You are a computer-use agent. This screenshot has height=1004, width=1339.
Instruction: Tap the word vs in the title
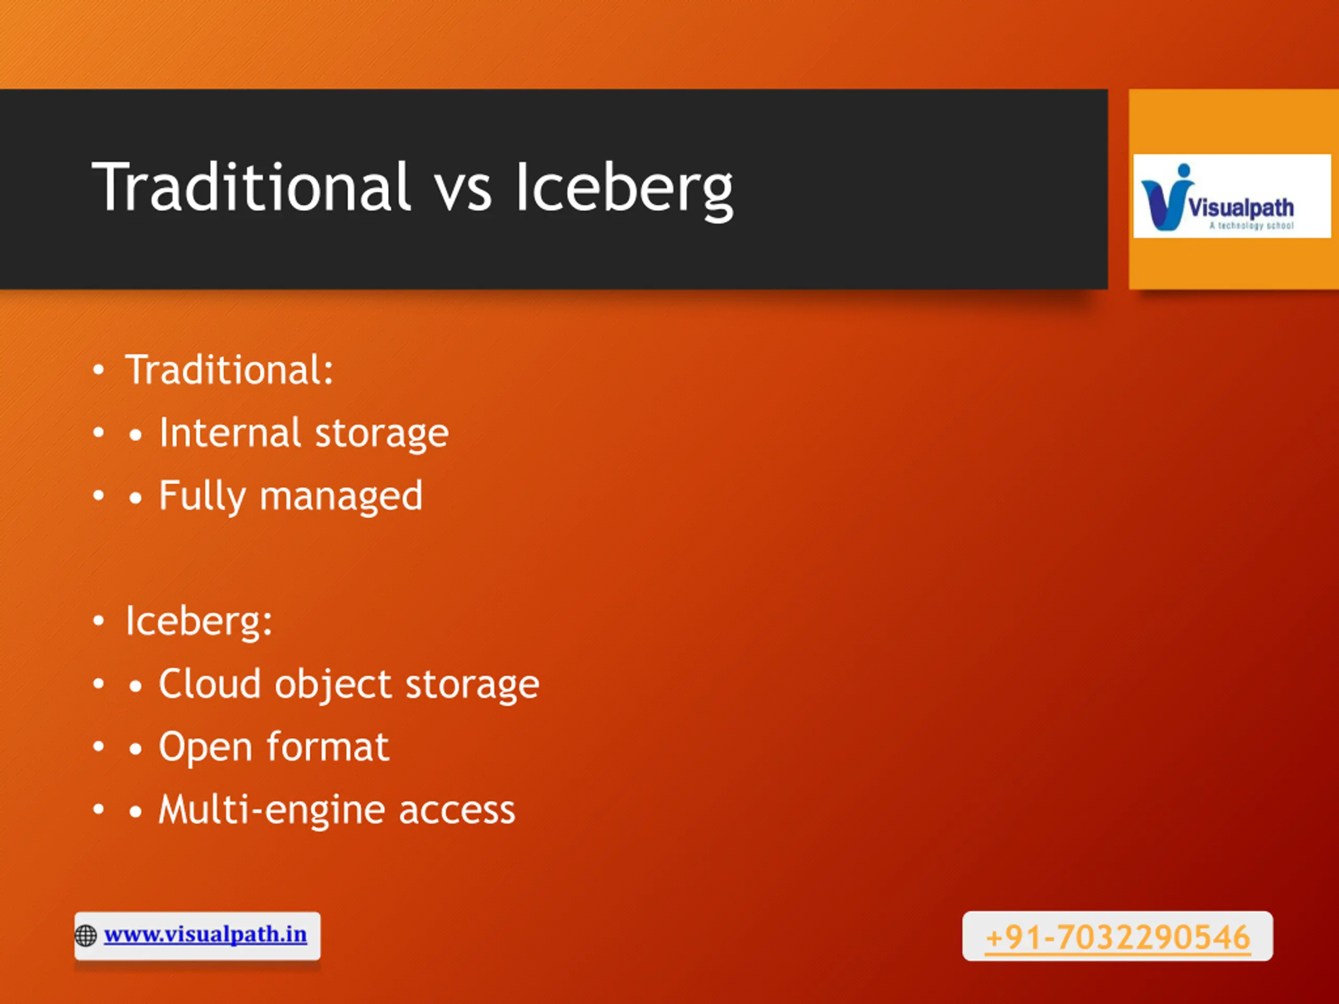click(x=464, y=192)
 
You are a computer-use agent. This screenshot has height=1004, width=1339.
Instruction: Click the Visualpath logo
click(x=1232, y=196)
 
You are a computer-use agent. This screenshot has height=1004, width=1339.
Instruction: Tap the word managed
click(x=341, y=497)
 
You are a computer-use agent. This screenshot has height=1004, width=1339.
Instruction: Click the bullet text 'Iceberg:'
click(x=199, y=622)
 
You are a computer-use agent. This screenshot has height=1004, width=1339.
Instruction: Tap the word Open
click(x=206, y=748)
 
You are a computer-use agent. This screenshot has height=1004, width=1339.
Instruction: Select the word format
click(x=328, y=747)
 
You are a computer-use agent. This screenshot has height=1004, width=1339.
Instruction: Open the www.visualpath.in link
click(x=205, y=934)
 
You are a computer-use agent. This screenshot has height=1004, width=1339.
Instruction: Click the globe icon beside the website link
click(x=85, y=935)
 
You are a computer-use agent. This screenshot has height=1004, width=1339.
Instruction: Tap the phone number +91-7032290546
click(x=1117, y=938)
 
